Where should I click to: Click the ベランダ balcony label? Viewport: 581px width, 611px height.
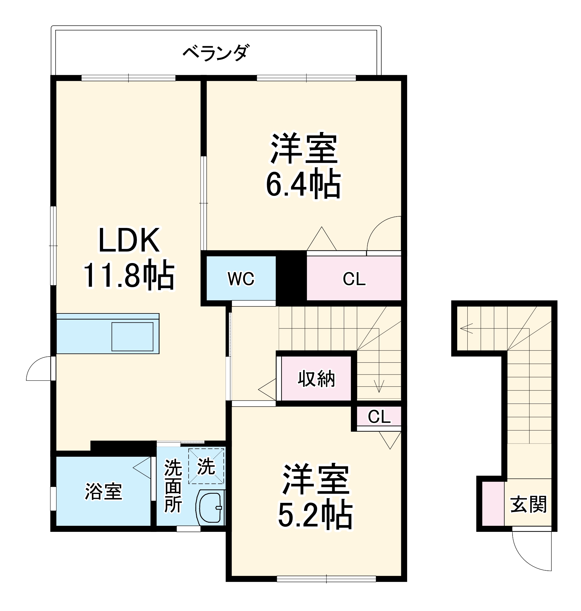[x=216, y=53]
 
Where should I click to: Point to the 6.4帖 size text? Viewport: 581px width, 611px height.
[x=303, y=185]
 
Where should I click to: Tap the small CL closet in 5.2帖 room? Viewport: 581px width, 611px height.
[x=379, y=417]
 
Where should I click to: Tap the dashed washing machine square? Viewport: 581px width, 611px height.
[x=206, y=466]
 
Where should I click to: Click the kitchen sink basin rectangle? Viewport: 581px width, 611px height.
[x=132, y=337]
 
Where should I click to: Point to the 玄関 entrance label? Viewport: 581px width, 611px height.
[x=528, y=504]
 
